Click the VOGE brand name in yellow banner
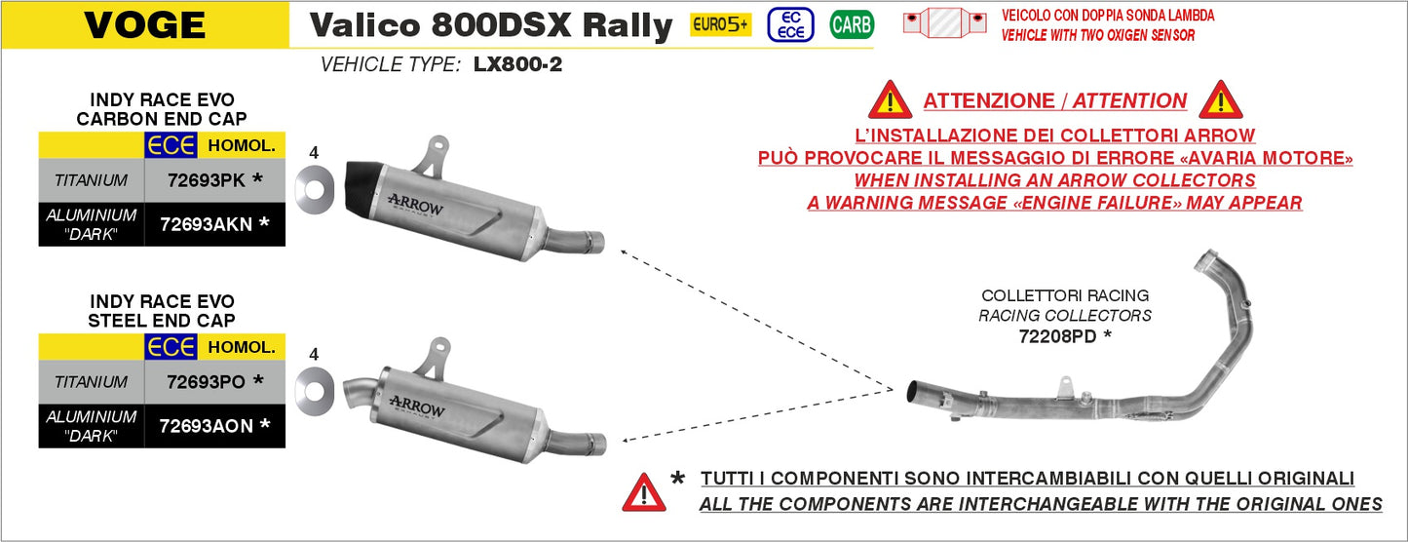145,25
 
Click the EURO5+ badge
720,24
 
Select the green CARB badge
851,24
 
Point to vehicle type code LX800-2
517,65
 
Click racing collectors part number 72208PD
1057,336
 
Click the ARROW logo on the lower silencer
416,404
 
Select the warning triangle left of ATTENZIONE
890,99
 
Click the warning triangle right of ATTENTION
1220,99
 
